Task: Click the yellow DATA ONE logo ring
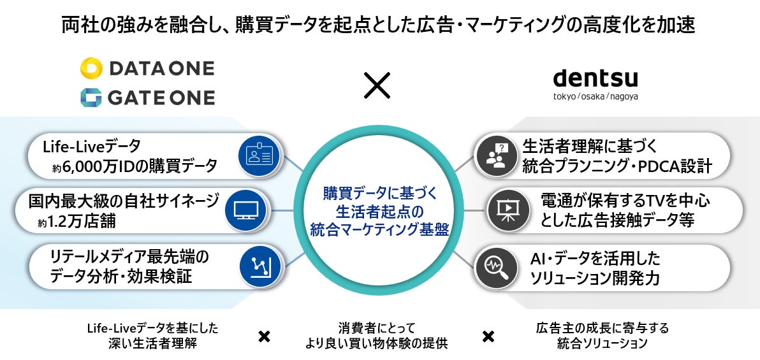point(91,68)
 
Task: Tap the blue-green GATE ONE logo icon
point(91,97)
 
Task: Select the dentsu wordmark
point(596,78)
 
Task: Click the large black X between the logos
point(377,86)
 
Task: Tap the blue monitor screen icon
point(247,210)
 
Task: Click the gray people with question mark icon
point(496,155)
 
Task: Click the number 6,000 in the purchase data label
point(80,166)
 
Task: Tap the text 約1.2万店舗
point(78,222)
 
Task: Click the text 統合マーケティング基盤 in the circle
point(379,229)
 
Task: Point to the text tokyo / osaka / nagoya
point(596,96)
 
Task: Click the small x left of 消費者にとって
point(264,336)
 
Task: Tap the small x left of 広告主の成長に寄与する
point(488,336)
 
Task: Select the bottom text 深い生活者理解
point(152,343)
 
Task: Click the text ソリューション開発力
point(596,278)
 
